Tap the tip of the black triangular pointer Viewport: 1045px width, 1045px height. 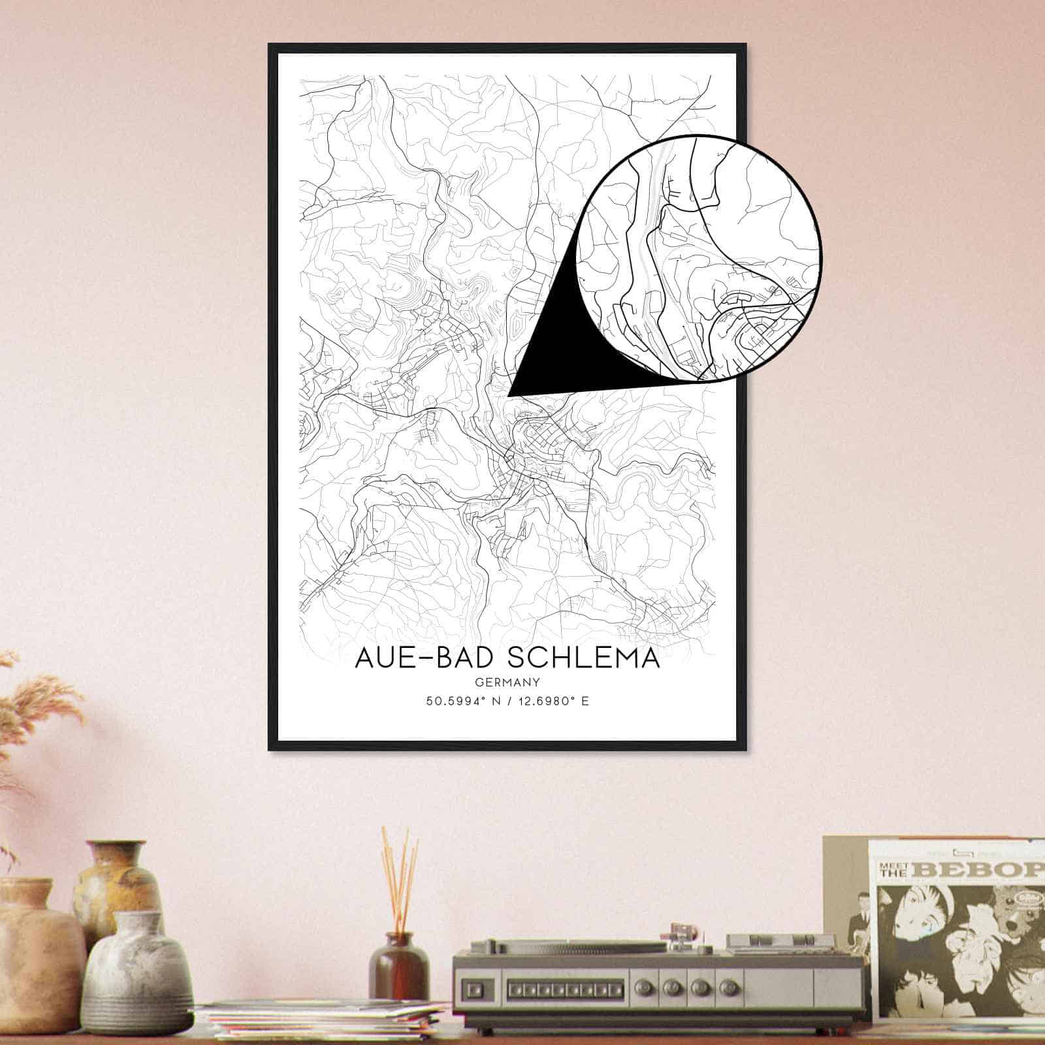click(x=509, y=395)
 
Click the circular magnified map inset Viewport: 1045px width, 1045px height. click(x=699, y=258)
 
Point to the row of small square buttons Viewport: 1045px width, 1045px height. click(x=568, y=986)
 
